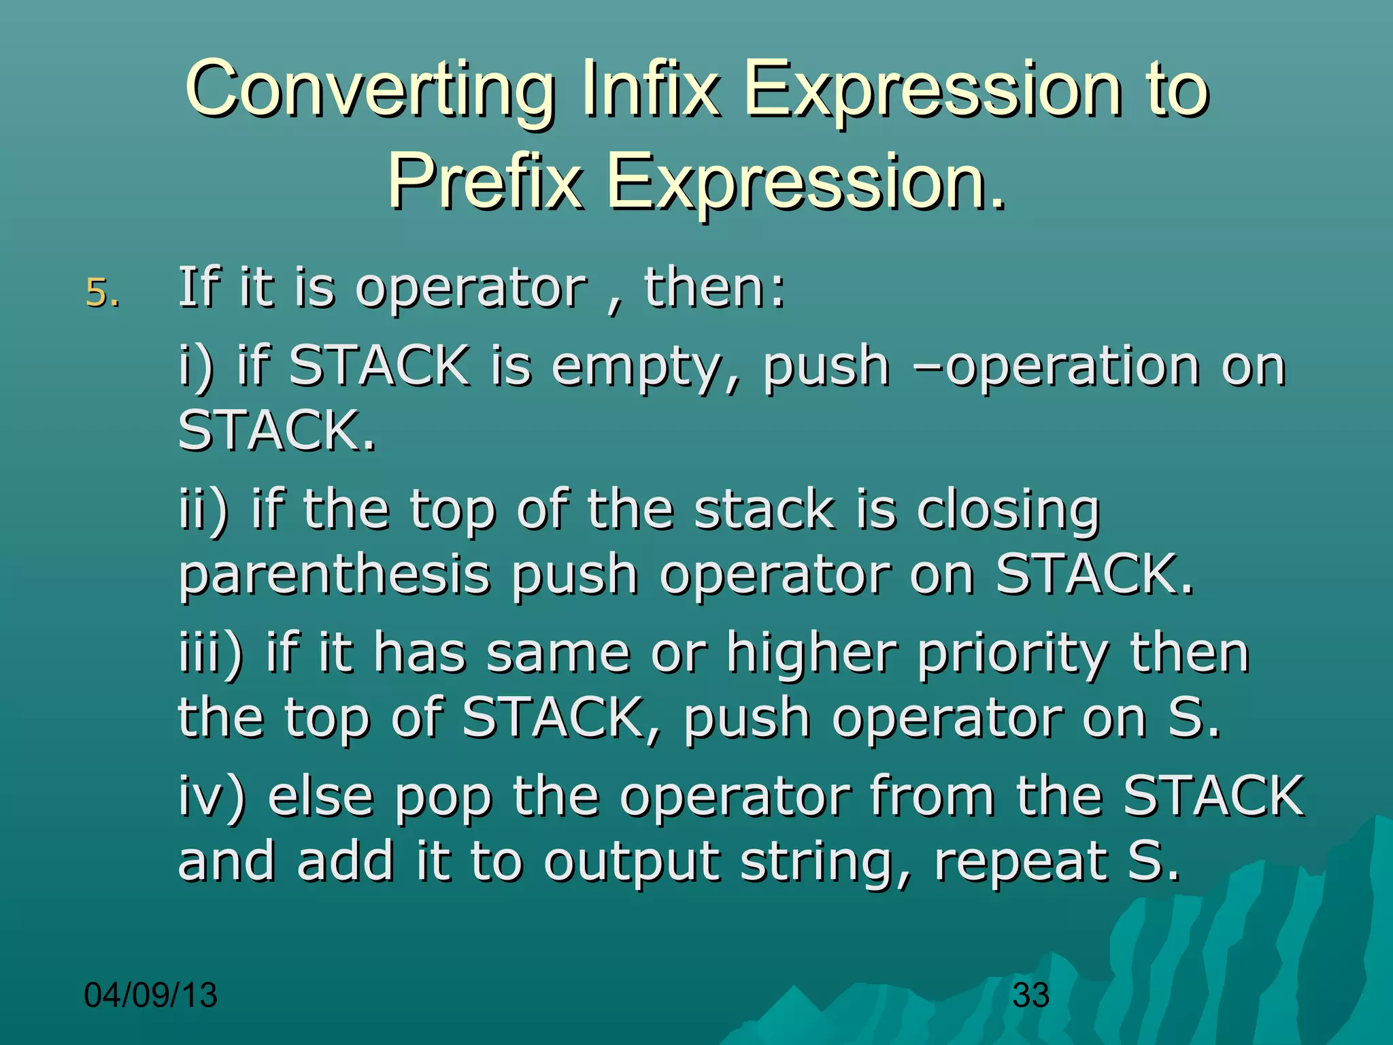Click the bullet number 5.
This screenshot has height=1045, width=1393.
point(102,293)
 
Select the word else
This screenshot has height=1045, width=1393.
point(320,796)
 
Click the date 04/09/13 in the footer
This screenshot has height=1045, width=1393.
point(150,995)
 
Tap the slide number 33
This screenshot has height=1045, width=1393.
point(1030,995)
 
